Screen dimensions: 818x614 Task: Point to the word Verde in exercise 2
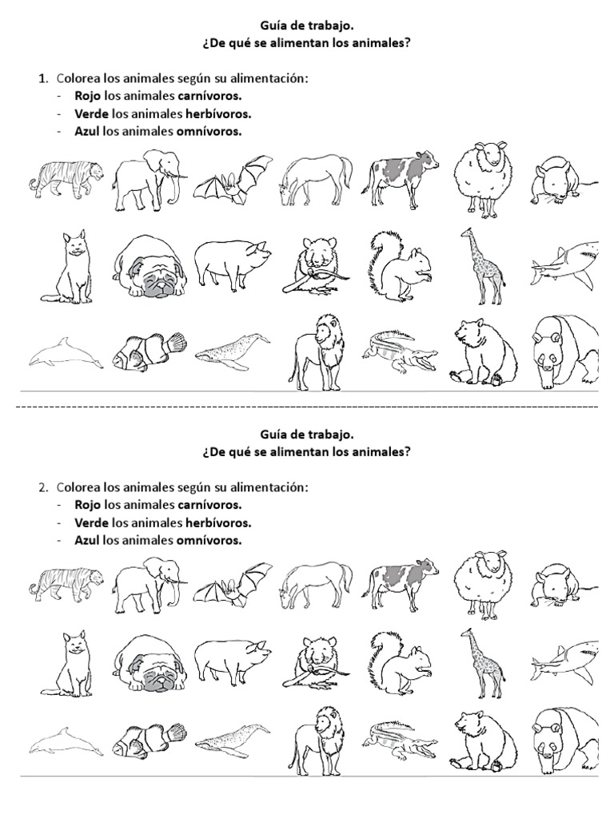(x=92, y=522)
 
